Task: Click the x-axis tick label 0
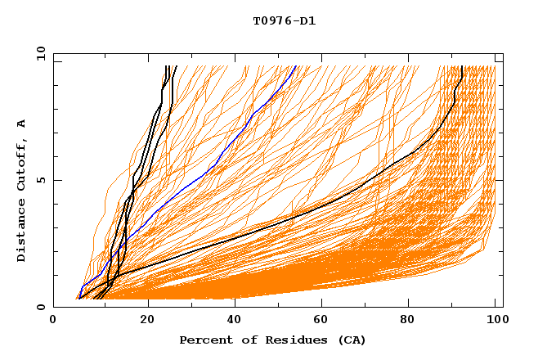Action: coord(53,322)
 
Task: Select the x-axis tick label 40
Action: coord(235,322)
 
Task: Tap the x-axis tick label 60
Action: coord(324,322)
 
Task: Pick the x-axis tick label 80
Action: coord(412,322)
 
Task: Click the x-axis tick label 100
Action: coord(497,322)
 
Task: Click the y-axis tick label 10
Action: coord(40,53)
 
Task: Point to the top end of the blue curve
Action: coord(295,66)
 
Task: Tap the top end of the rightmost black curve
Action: coord(462,66)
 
